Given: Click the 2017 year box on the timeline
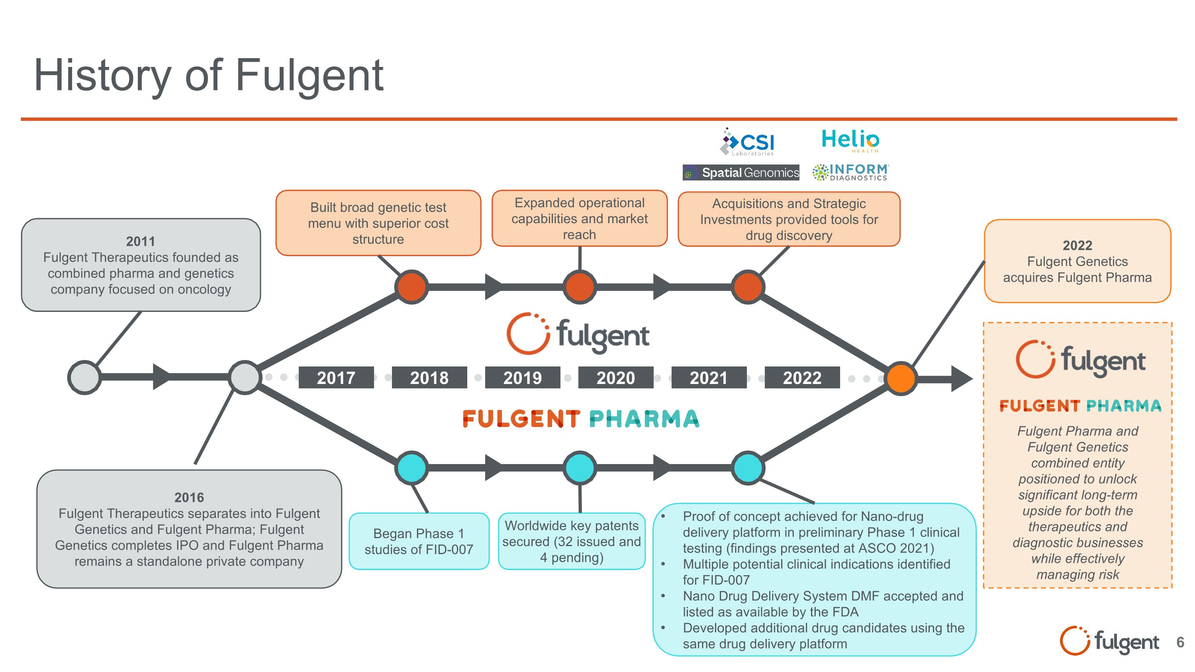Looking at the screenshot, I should point(336,378).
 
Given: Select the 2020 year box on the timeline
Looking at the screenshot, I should point(615,378).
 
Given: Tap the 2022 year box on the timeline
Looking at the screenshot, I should point(802,378).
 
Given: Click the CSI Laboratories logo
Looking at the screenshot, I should point(748,142).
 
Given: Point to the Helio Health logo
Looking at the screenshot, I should point(850,141).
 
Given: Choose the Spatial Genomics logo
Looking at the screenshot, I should point(741,172).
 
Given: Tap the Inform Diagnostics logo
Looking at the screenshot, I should point(850,172).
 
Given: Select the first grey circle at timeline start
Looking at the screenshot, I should point(84,378).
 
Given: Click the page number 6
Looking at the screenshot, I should point(1180,642).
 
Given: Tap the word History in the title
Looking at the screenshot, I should point(102,75).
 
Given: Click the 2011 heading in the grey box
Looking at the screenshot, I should point(140,241).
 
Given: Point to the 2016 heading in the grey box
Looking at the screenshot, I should point(189,497).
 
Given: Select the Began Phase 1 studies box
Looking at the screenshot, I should point(419,541).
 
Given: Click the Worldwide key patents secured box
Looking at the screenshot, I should point(572,541).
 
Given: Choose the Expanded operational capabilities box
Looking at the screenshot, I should point(580,218).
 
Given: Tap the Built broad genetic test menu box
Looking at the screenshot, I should point(378,223).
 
